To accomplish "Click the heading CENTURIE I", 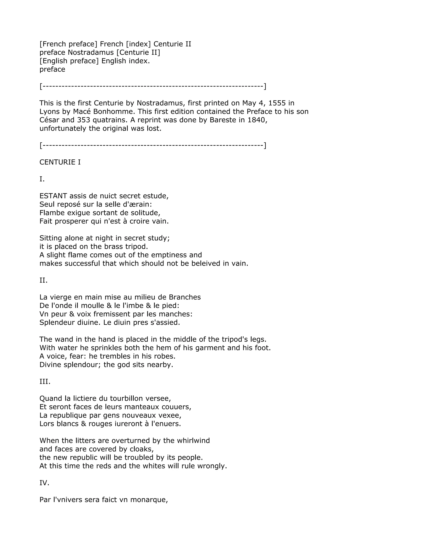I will [60, 162].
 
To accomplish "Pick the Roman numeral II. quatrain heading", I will [43, 280].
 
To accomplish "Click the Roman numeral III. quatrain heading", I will [45, 381].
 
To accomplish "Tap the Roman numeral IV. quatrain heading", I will [44, 483].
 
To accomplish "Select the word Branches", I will [185, 297].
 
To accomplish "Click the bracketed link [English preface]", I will [69, 61].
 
